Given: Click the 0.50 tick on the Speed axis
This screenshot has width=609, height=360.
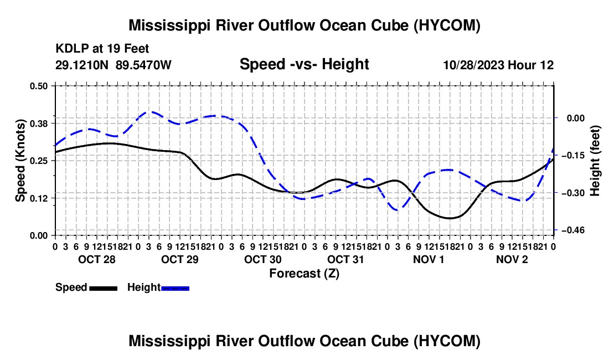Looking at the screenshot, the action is tap(39, 86).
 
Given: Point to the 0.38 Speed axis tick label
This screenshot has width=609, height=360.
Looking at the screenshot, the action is tap(39, 124).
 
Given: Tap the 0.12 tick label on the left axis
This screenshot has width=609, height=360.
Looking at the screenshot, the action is tap(39, 198).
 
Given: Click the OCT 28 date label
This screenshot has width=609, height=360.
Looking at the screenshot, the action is tap(97, 259).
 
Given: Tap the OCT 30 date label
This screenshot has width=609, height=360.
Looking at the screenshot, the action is tap(263, 259).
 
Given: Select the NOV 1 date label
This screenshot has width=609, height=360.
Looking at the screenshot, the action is tap(429, 259).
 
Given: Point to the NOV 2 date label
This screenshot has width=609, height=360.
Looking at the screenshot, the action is tap(512, 259).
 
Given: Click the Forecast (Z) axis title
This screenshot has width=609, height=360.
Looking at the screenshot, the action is tap(304, 274).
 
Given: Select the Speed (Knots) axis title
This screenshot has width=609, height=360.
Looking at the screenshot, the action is tap(20, 161).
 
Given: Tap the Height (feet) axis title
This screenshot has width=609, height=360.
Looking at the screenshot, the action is tap(595, 161).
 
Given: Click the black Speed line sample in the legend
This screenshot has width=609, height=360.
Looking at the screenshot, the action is tap(104, 288).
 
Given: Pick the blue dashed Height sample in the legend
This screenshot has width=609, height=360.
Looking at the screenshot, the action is tap(175, 288).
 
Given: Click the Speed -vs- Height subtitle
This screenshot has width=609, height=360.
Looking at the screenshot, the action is tap(304, 64).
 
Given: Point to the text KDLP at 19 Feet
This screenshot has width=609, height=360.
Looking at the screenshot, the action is tap(102, 49).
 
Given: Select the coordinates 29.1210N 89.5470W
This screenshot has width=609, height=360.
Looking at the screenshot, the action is tap(113, 65).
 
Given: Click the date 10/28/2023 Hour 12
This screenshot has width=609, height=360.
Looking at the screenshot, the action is tap(498, 65).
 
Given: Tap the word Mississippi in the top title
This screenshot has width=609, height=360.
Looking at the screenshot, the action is tap(167, 26).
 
